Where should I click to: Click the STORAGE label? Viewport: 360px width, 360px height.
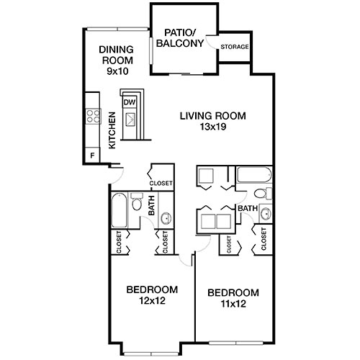pyautogui.click(x=235, y=48)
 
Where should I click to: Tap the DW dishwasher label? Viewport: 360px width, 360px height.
pyautogui.click(x=130, y=102)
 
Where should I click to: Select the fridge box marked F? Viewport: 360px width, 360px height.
pyautogui.click(x=91, y=154)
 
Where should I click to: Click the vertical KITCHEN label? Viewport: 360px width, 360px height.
pyautogui.click(x=112, y=130)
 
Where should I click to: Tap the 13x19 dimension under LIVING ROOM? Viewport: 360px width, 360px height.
pyautogui.click(x=212, y=127)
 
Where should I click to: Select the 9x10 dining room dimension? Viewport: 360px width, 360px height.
pyautogui.click(x=117, y=72)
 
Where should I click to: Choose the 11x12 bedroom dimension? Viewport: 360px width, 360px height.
pyautogui.click(x=233, y=304)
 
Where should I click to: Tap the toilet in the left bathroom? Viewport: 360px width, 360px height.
pyautogui.click(x=138, y=204)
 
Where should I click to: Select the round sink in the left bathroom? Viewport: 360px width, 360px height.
pyautogui.click(x=164, y=218)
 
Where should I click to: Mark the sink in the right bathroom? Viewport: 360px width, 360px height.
pyautogui.click(x=265, y=213)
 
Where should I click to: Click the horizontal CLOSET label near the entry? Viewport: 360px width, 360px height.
pyautogui.click(x=161, y=184)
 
